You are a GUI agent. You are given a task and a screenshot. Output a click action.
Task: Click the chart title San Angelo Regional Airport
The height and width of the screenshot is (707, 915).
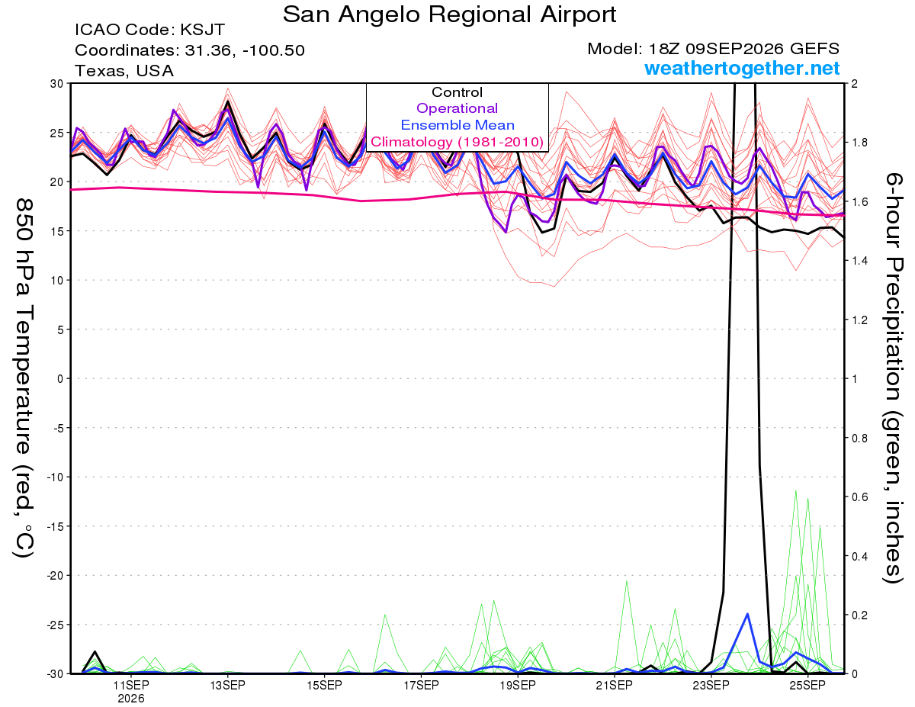[x=449, y=15]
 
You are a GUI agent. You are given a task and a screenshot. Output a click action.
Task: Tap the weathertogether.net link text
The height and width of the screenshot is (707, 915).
[x=742, y=68]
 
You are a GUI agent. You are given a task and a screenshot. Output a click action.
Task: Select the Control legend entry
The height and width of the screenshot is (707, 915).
[x=457, y=92]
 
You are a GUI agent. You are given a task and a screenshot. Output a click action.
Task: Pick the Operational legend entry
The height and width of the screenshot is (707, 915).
[x=457, y=108]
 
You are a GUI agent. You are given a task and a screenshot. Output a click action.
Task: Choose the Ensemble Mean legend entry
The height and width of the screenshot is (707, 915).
[x=457, y=125]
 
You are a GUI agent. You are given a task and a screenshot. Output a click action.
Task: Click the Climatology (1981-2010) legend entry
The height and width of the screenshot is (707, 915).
[x=457, y=142]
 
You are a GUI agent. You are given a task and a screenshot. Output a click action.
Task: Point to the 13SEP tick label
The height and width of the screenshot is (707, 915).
[x=227, y=686]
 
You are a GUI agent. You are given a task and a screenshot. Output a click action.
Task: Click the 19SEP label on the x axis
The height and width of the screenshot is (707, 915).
[x=518, y=686]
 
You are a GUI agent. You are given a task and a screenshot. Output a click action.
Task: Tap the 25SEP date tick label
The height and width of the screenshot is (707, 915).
[x=807, y=686]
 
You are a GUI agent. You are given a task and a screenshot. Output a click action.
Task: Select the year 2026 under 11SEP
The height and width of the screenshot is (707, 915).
[x=131, y=699]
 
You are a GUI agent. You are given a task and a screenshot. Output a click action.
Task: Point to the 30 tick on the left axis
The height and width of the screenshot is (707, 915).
[x=57, y=84]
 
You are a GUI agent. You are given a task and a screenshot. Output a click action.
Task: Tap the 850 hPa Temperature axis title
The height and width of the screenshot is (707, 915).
[x=24, y=378]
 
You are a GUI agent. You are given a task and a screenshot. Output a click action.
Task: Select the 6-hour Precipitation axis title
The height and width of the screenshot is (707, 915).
[x=894, y=378]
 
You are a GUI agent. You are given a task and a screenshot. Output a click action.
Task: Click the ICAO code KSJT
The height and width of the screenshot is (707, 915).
[x=203, y=30]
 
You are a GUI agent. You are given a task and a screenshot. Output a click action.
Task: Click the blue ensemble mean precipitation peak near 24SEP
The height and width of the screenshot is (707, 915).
[x=747, y=614]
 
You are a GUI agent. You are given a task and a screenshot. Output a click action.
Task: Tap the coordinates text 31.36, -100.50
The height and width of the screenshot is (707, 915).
[x=245, y=50]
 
